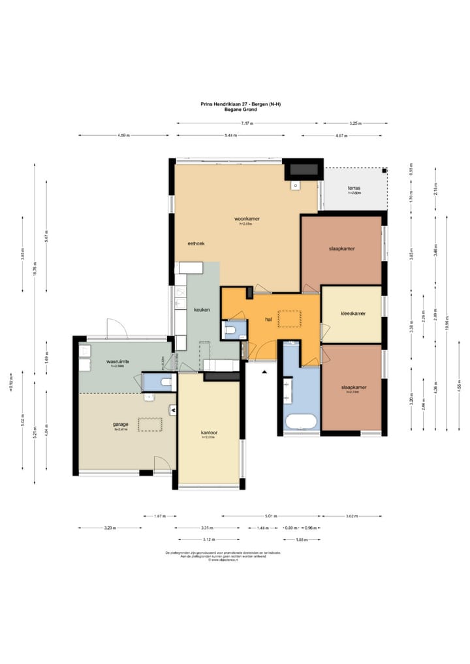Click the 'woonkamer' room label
243,218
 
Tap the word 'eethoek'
196,243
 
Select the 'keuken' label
202,309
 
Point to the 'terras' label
353,188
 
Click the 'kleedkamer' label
352,314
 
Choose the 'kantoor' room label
209,432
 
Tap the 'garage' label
120,424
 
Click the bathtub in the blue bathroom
301,420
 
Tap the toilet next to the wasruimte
166,382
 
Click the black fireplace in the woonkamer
303,170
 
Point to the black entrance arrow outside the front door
264,372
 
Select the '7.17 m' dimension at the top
246,123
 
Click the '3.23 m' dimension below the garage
110,528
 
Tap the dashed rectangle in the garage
149,425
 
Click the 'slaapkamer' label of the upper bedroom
341,249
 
